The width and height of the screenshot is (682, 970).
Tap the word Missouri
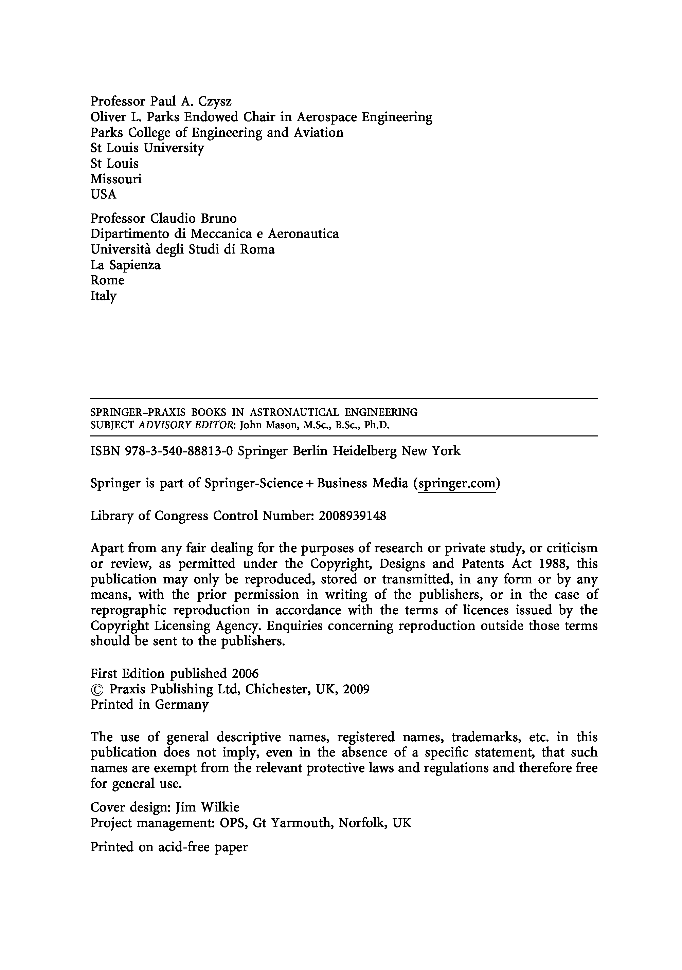(x=116, y=179)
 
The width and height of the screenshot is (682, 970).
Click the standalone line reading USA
(x=103, y=194)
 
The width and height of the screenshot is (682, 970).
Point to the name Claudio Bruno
(x=193, y=219)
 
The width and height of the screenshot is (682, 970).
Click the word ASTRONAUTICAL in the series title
(x=294, y=412)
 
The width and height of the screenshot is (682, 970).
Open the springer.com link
(x=456, y=483)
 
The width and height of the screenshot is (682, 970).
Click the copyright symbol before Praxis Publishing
(x=97, y=689)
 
